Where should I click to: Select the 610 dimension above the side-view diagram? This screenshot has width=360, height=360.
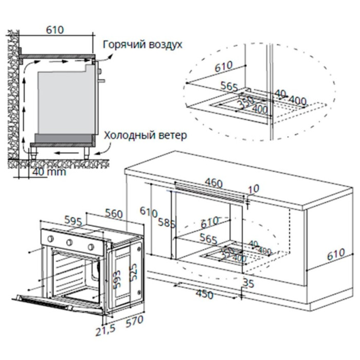pos(55,30)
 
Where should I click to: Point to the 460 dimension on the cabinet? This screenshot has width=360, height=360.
pos(212,183)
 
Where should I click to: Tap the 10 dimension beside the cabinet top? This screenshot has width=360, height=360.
pos(253,189)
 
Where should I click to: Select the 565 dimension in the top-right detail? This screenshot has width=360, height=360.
pos(229,86)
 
